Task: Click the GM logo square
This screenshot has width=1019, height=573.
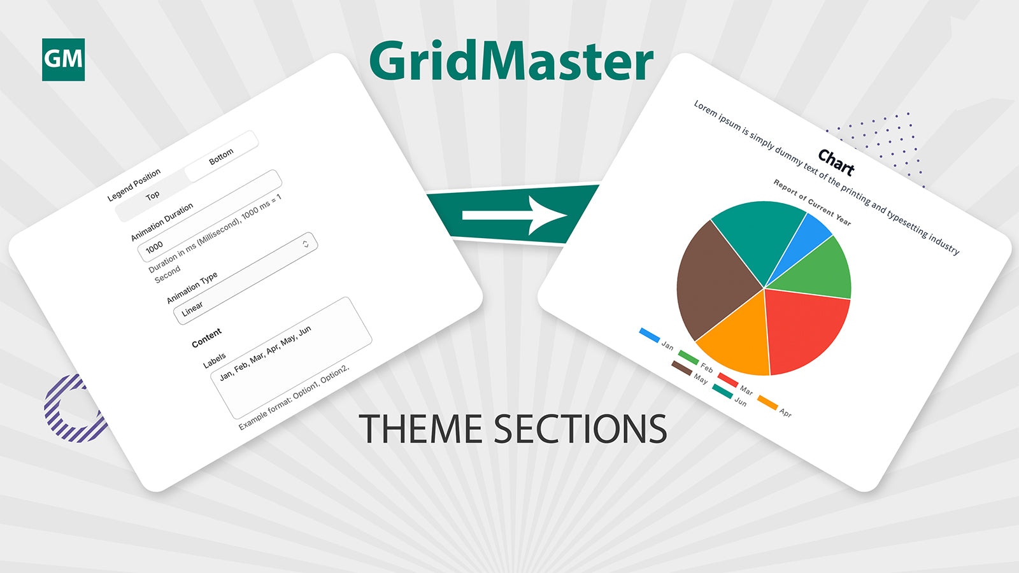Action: click(x=63, y=60)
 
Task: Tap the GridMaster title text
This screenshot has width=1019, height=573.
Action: click(x=511, y=61)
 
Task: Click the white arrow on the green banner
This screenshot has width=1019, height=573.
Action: click(x=515, y=215)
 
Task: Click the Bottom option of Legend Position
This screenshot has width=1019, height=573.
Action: click(x=222, y=157)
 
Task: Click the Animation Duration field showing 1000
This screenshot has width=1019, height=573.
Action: click(x=210, y=216)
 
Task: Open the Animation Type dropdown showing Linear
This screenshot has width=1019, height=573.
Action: click(x=245, y=278)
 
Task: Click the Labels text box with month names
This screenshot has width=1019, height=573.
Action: click(x=291, y=358)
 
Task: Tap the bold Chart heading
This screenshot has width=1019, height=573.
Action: click(x=836, y=162)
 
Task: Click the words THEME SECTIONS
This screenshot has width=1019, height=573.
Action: click(x=513, y=428)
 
